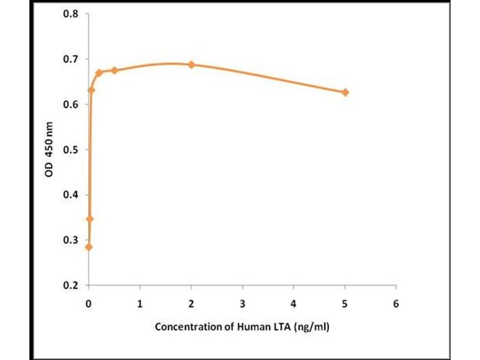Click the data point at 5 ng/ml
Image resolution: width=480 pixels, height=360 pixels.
(345, 92)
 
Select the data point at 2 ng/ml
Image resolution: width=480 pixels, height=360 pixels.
(191, 64)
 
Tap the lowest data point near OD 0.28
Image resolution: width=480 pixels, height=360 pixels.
(89, 247)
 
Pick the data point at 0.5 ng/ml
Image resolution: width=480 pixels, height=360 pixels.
(115, 70)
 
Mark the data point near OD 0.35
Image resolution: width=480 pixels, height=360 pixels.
(90, 219)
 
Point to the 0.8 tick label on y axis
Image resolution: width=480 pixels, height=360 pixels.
(71, 14)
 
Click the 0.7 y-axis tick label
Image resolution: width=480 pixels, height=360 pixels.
(71, 59)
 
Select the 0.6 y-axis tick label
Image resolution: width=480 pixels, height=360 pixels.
(71, 104)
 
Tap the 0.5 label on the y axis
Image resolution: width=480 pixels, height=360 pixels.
(71, 149)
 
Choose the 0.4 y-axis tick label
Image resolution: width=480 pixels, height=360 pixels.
(71, 194)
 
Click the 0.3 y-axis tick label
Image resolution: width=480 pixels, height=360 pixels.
(71, 240)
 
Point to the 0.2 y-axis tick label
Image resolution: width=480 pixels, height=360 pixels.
(71, 285)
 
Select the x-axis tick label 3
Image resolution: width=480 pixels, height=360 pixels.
(242, 304)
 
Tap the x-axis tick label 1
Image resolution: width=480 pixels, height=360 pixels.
(140, 304)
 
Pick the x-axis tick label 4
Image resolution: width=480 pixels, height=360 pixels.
(293, 304)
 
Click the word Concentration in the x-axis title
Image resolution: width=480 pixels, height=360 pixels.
(184, 328)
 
